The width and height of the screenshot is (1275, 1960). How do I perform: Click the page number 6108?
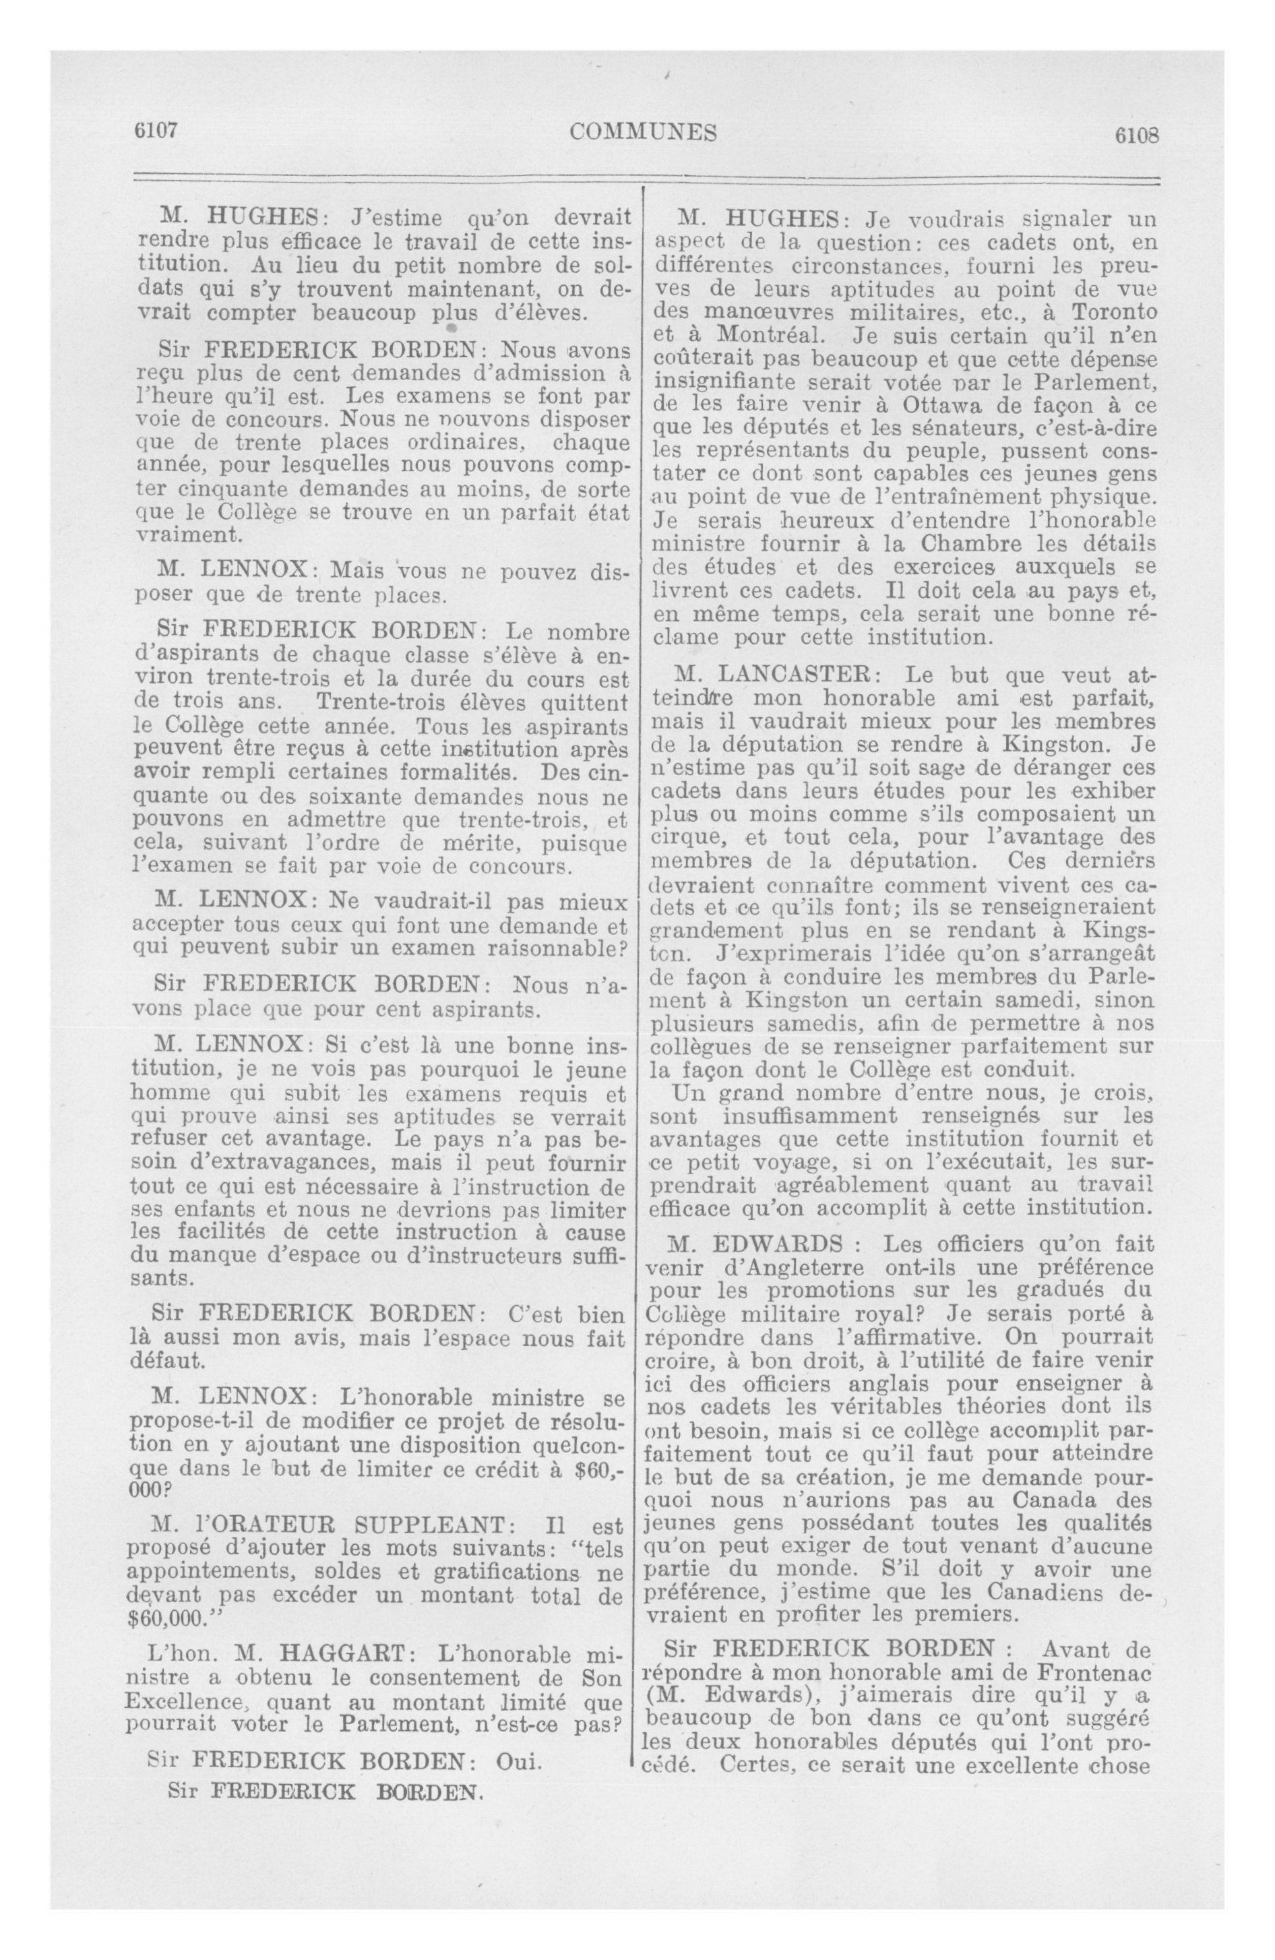coord(1137,135)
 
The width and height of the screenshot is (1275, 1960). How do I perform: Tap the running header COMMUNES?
coord(644,131)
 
